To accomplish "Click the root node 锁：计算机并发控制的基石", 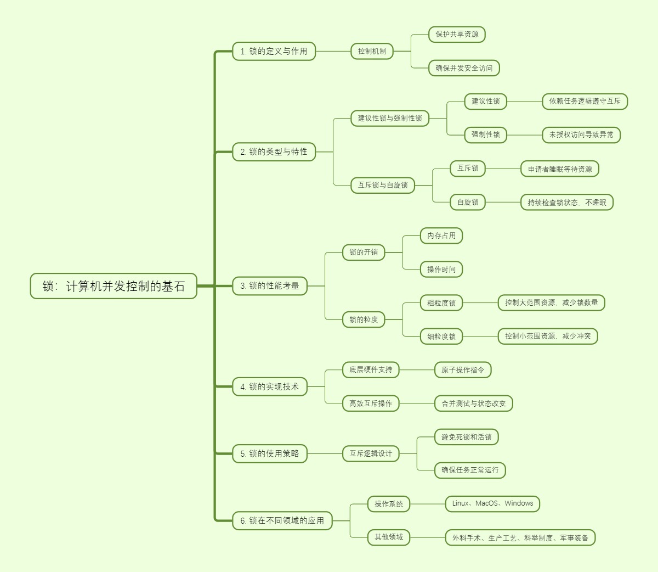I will [x=114, y=286].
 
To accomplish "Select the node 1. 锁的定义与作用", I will [x=274, y=51].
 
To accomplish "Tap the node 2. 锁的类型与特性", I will [x=274, y=152].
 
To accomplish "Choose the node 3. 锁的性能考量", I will [x=269, y=285].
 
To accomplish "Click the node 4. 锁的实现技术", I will [x=269, y=386].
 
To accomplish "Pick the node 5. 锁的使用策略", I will [x=269, y=453].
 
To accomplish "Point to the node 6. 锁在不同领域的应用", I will [x=282, y=520].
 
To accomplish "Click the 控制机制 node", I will [x=372, y=51].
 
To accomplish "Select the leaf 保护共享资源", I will [x=457, y=34].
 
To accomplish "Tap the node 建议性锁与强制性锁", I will [x=390, y=118].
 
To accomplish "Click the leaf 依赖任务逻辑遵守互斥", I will [x=585, y=101].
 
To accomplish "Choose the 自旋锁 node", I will [x=467, y=202].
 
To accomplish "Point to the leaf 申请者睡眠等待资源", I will [x=559, y=169].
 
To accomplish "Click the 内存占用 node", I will [x=441, y=235].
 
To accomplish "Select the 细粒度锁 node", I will [x=441, y=336].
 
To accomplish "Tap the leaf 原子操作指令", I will [x=463, y=369].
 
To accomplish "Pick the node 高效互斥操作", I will [x=371, y=403].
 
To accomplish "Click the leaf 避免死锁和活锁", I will [x=466, y=437].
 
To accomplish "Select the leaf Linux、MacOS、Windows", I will [x=492, y=503].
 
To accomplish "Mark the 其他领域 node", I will [x=388, y=537].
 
